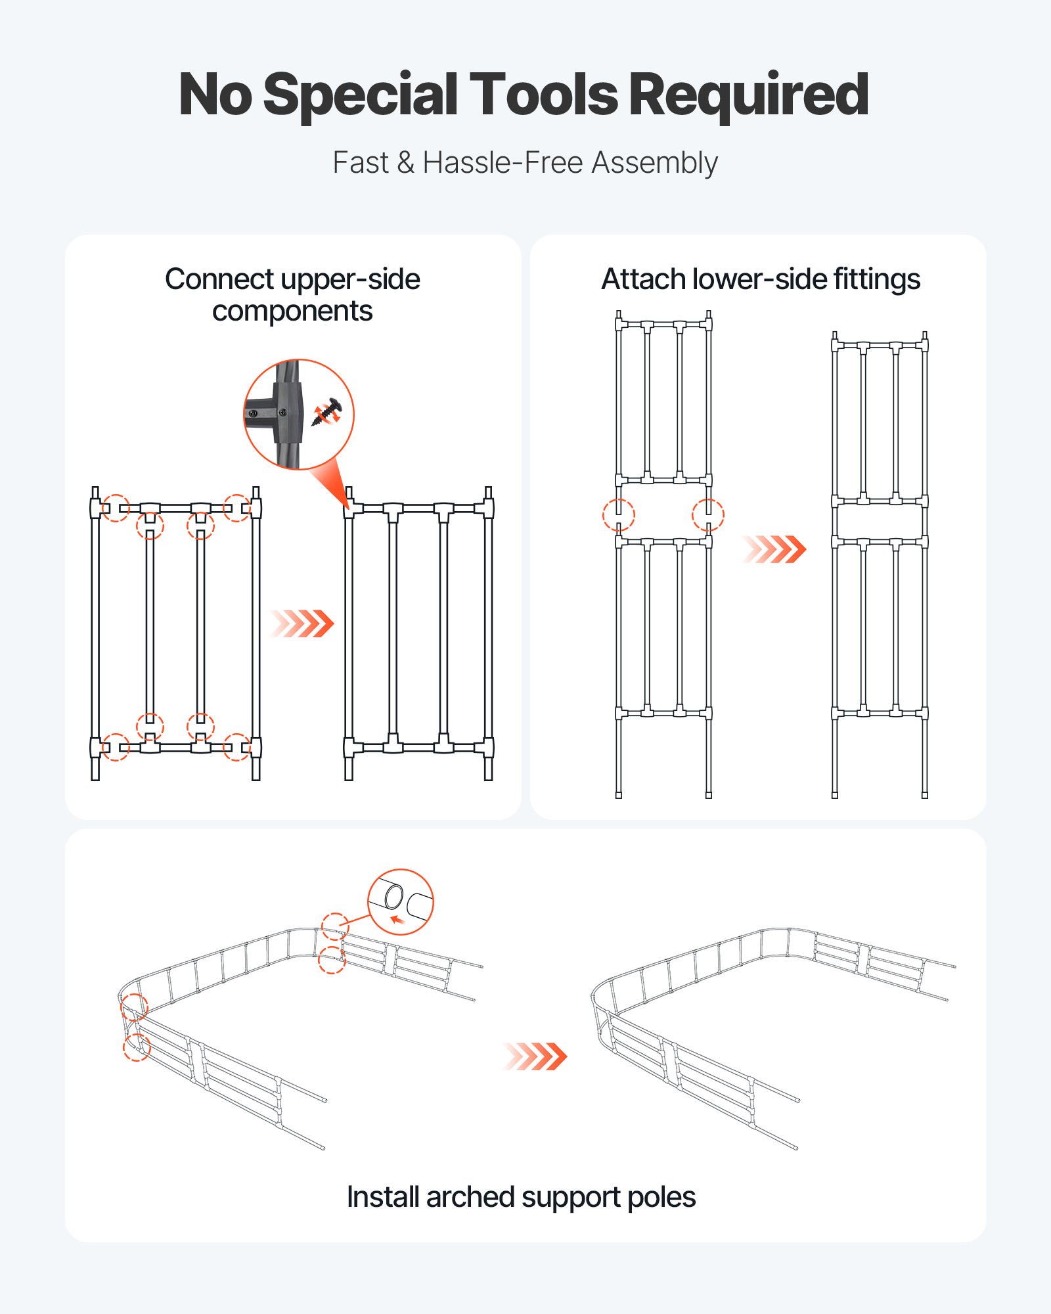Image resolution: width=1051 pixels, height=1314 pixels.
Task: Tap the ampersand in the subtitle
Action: pos(405,163)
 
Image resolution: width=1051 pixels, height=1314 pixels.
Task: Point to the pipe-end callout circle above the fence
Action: pos(400,901)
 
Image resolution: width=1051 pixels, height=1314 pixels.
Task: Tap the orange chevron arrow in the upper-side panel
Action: pos(303,623)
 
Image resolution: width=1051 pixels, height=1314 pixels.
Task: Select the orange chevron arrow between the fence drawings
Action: pos(535,1056)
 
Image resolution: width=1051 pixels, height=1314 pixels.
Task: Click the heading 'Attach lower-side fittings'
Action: pos(760,279)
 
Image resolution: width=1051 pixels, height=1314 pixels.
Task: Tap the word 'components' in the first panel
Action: pos(292,311)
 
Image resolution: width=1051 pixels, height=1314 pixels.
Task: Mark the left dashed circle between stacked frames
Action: pos(618,514)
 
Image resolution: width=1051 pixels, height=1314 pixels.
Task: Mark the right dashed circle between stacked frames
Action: pos(708,514)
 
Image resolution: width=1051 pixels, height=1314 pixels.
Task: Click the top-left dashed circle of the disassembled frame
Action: pos(116,508)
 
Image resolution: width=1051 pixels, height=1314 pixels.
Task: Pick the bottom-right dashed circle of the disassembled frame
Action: pos(236,747)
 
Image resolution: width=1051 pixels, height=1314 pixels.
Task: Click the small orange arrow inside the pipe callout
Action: pos(396,919)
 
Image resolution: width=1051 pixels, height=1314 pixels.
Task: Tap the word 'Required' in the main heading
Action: pos(749,95)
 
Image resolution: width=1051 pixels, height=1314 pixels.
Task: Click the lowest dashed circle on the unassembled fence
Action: pos(137,1047)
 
